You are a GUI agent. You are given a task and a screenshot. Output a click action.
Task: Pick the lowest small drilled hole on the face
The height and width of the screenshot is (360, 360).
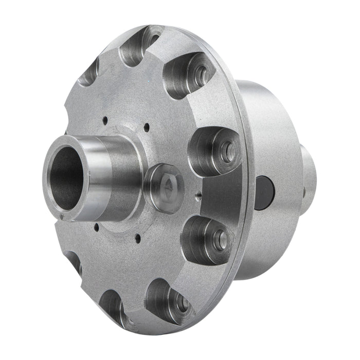(138, 237)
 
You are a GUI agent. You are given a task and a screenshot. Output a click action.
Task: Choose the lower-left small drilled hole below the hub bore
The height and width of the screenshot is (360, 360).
(96, 225)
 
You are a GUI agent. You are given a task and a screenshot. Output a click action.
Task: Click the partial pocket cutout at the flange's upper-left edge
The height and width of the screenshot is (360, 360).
(88, 72)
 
